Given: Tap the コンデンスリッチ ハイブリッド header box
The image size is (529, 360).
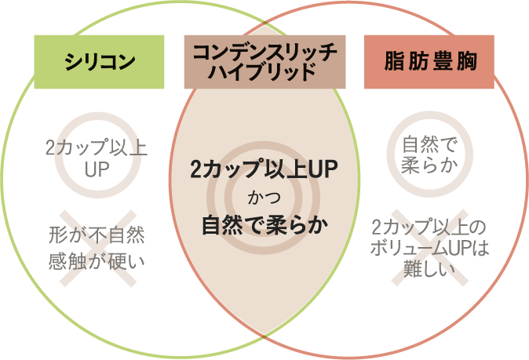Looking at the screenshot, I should click(264, 60).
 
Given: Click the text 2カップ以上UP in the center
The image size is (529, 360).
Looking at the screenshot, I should click(264, 169).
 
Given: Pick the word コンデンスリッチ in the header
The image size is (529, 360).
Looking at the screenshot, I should click(264, 51).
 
